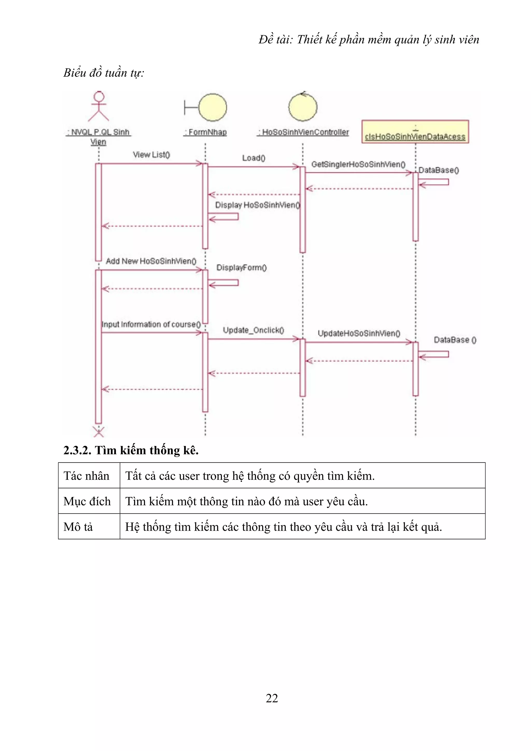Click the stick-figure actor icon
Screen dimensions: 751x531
tap(99, 106)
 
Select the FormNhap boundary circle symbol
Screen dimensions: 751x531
tap(212, 107)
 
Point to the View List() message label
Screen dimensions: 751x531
tap(151, 155)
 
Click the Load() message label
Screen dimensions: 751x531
tap(254, 158)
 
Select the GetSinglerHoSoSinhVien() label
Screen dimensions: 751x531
tap(358, 164)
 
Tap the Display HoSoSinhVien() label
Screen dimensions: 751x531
tap(257, 205)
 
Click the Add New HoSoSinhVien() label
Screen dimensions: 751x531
tap(151, 261)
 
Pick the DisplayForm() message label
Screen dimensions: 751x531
tap(241, 267)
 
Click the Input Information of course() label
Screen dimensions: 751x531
tap(151, 324)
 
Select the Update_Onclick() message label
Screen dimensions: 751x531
tap(253, 330)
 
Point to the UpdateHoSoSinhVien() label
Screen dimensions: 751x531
tap(359, 333)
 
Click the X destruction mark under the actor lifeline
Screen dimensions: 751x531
tap(99, 431)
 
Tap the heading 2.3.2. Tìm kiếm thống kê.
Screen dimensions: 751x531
tap(131, 450)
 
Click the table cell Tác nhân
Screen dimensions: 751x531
tap(87, 476)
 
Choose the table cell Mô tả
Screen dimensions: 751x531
tap(79, 527)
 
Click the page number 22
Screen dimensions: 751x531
tap(272, 698)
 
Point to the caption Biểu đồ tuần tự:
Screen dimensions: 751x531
tap(104, 73)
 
